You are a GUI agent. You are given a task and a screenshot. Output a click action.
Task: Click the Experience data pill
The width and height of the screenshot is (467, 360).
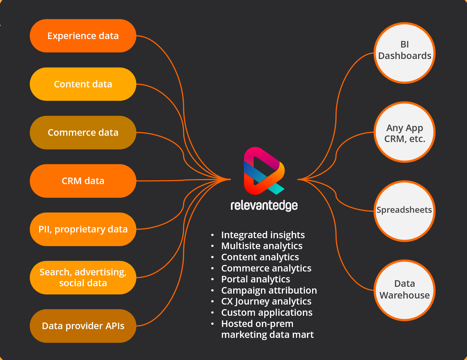point(83,36)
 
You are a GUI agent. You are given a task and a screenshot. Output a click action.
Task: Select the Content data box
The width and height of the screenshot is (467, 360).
point(83,84)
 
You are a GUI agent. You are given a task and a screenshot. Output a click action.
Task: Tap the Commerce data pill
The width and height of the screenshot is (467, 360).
point(83,132)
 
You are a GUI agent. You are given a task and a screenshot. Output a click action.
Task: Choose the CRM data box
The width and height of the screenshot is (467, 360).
point(83,181)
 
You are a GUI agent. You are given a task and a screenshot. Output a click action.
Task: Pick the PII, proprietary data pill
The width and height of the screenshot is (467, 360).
point(83,229)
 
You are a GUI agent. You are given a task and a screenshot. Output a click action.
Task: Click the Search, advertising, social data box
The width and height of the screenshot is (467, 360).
point(83,278)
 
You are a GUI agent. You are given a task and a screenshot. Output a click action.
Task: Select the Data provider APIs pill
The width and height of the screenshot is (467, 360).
point(83,326)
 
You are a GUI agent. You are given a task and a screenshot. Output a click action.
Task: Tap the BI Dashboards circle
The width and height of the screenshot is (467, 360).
point(404,53)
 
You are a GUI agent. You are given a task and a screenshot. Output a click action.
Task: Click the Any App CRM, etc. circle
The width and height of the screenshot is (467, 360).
point(404,132)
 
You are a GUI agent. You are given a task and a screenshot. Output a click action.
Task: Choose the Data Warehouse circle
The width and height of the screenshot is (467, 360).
point(404,290)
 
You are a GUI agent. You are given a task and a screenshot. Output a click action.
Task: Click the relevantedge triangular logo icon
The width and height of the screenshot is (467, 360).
point(263,171)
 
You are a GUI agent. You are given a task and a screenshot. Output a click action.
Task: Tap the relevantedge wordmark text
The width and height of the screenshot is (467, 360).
point(264,205)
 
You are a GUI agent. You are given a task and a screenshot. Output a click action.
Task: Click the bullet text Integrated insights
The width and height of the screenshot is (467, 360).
point(263,235)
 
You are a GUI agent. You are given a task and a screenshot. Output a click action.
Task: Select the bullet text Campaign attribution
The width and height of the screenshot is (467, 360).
point(269,290)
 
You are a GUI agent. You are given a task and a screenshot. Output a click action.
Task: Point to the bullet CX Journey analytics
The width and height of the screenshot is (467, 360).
point(266,301)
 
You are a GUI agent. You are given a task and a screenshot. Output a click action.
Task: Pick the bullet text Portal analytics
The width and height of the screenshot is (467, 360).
point(255,279)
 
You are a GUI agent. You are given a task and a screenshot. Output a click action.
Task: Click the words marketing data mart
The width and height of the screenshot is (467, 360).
point(267,335)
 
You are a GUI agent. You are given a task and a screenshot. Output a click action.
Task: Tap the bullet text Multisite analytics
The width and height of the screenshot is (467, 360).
point(262,246)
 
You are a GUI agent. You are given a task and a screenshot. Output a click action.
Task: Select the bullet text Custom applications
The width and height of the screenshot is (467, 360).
point(267,312)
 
